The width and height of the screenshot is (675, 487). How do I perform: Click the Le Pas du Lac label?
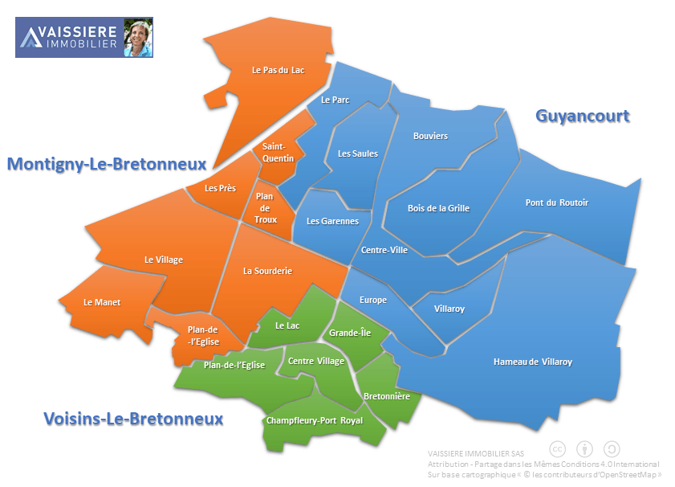coord(278,70)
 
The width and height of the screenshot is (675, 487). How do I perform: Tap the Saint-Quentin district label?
coord(279,153)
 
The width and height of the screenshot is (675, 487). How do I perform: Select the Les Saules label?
coord(357,153)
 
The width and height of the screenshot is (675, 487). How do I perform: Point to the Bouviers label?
coord(430,136)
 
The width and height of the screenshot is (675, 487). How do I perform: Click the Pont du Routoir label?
coord(556,203)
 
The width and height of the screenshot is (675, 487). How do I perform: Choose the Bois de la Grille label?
coord(438,208)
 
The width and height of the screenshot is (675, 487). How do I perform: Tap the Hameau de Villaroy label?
coord(532,362)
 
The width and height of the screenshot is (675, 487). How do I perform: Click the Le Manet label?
coord(102,302)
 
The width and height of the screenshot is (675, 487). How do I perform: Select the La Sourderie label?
coord(267,271)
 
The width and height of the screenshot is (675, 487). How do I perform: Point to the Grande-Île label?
coord(349,333)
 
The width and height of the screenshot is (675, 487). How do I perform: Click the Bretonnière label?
coord(387,396)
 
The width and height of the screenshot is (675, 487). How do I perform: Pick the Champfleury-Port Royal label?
coord(315,420)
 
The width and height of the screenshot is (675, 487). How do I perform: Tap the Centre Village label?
coord(315,361)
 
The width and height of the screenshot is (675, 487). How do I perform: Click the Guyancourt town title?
coord(582,116)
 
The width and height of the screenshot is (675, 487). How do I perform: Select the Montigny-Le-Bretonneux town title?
coord(107,164)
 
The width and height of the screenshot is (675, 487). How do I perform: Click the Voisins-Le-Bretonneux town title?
coord(132,419)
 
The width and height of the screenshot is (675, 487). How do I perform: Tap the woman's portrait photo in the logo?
coord(138,38)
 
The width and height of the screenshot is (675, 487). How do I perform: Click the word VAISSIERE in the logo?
coord(79,32)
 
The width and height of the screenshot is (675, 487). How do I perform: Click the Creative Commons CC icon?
coord(557,449)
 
